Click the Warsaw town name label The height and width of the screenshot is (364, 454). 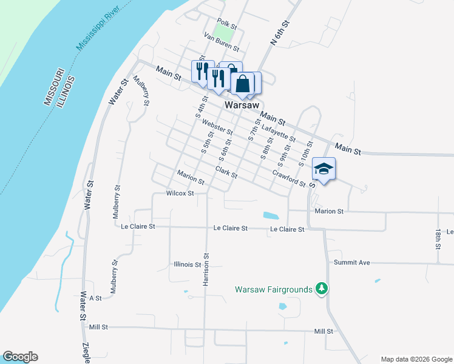pos(242,105)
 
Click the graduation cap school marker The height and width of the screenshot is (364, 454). pos(324,169)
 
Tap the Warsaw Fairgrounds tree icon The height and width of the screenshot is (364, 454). pos(322,289)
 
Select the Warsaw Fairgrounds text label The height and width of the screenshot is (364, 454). pos(273,289)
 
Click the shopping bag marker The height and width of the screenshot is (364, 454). pos(242,84)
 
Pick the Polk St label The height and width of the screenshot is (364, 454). pos(226,24)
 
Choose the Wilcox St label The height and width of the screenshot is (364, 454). pos(180,194)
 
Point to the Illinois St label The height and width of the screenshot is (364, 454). pos(188,265)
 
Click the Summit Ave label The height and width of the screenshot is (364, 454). pos(351,263)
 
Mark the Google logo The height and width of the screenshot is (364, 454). pos(20,357)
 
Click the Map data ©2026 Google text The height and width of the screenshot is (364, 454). pos(416,359)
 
